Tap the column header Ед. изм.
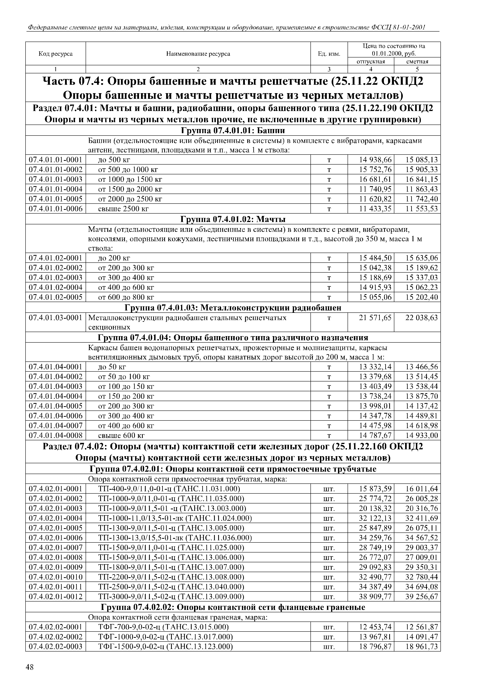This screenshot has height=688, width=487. pos(329,54)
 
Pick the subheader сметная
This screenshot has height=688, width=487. pos(417,61)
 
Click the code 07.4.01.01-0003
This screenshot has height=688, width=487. pos(56,179)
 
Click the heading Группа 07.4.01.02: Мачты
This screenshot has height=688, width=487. pos(233,219)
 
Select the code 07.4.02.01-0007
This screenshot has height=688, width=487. pos(56,548)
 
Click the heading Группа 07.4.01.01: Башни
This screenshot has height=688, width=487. pos(233,130)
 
